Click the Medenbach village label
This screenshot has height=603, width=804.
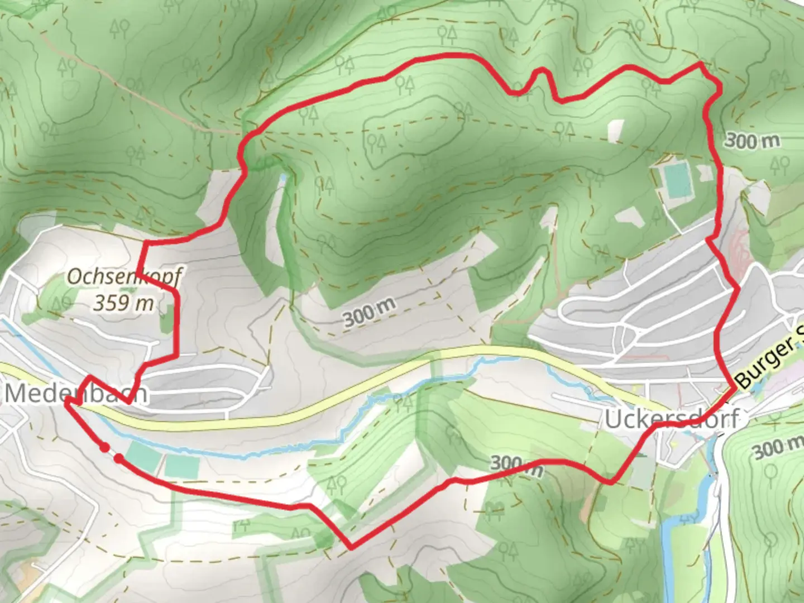tap(76, 393)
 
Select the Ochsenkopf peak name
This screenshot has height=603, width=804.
tap(124, 277)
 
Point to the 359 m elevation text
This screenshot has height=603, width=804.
tap(123, 303)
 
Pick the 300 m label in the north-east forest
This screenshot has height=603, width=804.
tap(752, 141)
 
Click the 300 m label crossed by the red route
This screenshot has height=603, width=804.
tap(516, 465)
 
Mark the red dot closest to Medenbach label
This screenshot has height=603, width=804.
tap(104, 447)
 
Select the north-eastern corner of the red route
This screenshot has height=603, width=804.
tap(701, 65)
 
